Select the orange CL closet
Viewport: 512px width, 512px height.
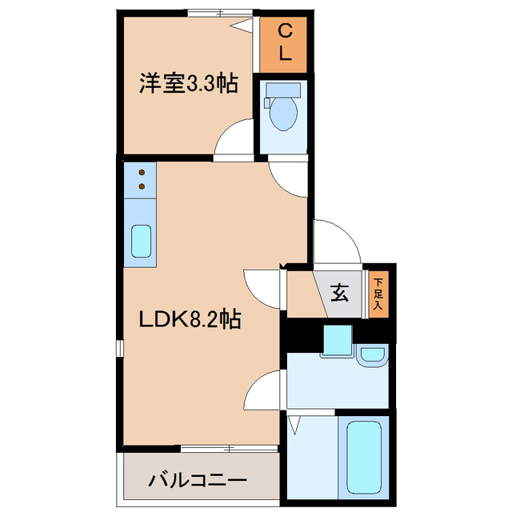coord(284,43)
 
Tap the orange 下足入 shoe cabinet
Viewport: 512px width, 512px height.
coord(378,293)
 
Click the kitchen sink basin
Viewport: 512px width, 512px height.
coord(142,240)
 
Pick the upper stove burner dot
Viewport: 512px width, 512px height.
coord(142,172)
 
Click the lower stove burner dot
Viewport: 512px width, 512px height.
coord(142,186)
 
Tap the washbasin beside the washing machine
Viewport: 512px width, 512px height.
coord(371,355)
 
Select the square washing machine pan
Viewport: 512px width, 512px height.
coord(337,342)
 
